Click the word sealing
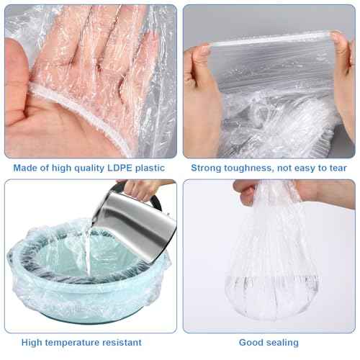click(283, 343)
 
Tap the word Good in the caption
click(251, 343)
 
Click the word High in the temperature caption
click(36, 343)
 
